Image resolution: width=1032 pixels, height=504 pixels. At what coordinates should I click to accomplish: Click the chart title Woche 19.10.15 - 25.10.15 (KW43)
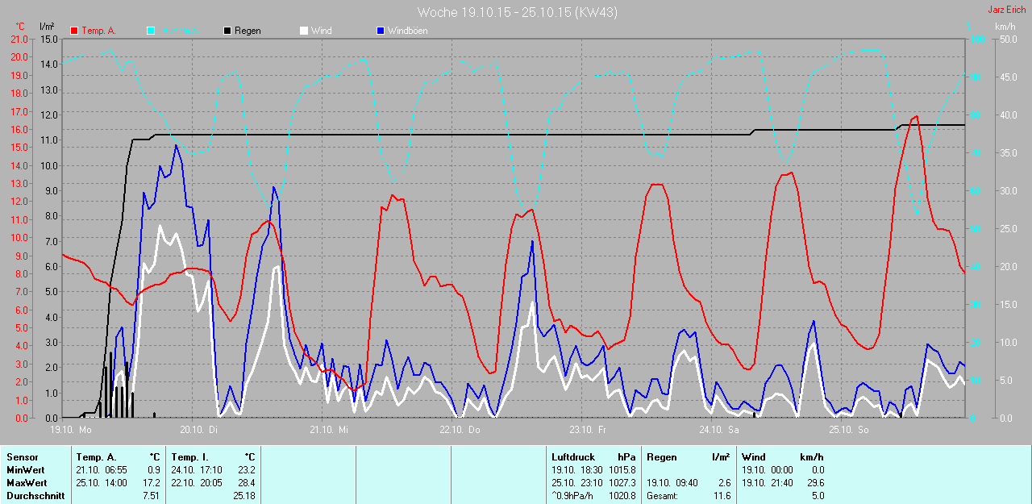click(518, 12)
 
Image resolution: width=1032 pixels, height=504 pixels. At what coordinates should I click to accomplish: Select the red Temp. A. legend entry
click(94, 31)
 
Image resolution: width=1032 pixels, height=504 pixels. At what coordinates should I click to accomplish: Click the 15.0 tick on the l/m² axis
click(48, 39)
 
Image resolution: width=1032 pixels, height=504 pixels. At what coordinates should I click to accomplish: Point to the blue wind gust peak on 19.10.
click(176, 145)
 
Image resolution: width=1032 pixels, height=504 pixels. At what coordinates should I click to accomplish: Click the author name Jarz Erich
click(1007, 10)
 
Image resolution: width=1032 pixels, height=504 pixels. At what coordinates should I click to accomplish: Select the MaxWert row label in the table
click(25, 482)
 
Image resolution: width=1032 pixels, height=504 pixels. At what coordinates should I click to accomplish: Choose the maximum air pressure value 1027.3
click(622, 482)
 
